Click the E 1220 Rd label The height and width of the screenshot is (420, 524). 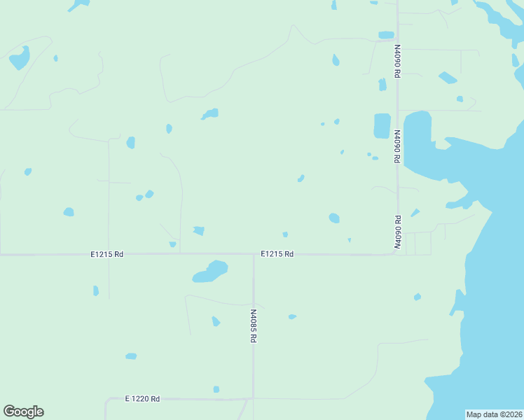[x=142, y=398]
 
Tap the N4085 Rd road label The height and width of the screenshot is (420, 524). [x=254, y=326]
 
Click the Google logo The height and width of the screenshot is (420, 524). [x=23, y=412]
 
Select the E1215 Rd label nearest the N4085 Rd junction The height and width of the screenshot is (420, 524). [x=277, y=254]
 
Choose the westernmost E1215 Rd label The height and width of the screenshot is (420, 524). [x=106, y=255]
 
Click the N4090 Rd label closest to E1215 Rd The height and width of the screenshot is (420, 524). [x=397, y=232]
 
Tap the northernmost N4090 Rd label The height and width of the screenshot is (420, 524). [x=397, y=61]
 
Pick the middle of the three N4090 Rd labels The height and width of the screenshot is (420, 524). [x=397, y=146]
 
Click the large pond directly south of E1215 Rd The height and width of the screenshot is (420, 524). [x=211, y=271]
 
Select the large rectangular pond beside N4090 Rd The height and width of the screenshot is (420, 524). [x=382, y=125]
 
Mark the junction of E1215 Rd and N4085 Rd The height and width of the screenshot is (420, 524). [x=254, y=254]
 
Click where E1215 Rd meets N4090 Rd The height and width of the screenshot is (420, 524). [x=397, y=253]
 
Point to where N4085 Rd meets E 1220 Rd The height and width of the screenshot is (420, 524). [x=247, y=399]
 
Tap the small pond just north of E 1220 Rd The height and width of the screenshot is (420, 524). [x=216, y=389]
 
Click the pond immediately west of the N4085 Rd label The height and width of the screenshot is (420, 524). [x=216, y=321]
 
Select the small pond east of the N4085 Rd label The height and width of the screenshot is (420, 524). [x=292, y=317]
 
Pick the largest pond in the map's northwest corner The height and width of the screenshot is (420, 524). [x=20, y=58]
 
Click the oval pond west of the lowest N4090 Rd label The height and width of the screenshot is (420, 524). [x=334, y=218]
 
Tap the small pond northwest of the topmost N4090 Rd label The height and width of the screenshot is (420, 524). [x=386, y=35]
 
